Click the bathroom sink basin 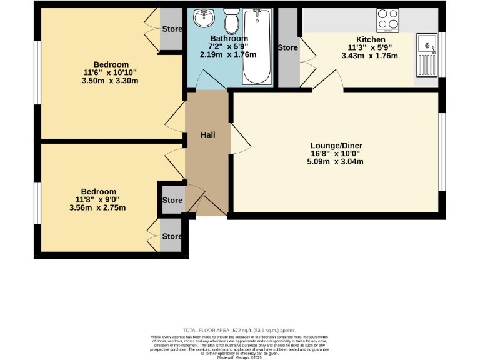[x=204, y=19]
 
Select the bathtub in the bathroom [x=257, y=47]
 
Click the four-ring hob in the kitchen [x=388, y=20]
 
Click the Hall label [x=208, y=135]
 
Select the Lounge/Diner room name [x=337, y=146]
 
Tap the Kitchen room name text [x=371, y=39]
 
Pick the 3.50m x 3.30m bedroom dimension [x=111, y=81]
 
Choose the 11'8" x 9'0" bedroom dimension [x=98, y=199]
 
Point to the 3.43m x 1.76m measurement [x=371, y=56]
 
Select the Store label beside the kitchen [x=287, y=47]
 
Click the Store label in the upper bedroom [x=172, y=29]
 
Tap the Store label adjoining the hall [x=172, y=201]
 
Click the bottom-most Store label [x=172, y=237]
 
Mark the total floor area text [x=239, y=330]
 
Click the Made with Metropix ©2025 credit [x=239, y=357]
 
